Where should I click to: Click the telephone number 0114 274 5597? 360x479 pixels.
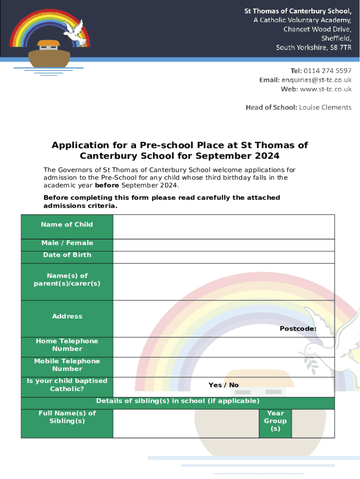tap(327, 71)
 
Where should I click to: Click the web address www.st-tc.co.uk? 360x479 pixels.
tap(325, 89)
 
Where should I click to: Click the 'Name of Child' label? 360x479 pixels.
tap(67, 225)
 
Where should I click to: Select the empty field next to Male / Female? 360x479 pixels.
tap(223, 245)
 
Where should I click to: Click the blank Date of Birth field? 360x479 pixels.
tap(223, 257)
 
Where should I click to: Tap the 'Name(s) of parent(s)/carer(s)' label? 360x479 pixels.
tap(67, 280)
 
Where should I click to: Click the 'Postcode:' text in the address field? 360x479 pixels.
tap(298, 329)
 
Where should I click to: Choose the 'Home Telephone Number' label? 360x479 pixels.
tap(67, 345)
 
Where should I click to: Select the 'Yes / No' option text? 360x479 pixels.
tap(223, 385)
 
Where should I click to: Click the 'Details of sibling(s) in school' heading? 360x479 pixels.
tap(178, 401)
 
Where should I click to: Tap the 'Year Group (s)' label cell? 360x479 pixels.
tap(275, 421)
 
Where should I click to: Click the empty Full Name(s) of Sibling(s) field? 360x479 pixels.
tap(186, 423)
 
